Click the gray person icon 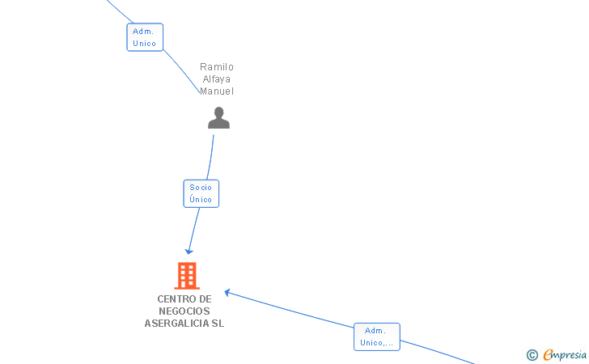pyautogui.click(x=218, y=118)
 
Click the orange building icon pyautogui.click(x=187, y=276)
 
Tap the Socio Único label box pyautogui.click(x=201, y=193)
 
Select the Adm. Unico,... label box pyautogui.click(x=377, y=336)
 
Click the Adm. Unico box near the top pyautogui.click(x=145, y=37)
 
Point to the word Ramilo pyautogui.click(x=217, y=67)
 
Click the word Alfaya pyautogui.click(x=216, y=79)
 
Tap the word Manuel pyautogui.click(x=217, y=91)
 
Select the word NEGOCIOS pyautogui.click(x=184, y=311)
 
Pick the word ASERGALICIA pyautogui.click(x=176, y=323)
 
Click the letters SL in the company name pyautogui.click(x=218, y=323)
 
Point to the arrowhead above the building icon pyautogui.click(x=189, y=252)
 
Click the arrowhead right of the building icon pyautogui.click(x=227, y=292)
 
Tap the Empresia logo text pyautogui.click(x=565, y=354)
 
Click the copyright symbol pyautogui.click(x=532, y=355)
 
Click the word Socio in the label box pyautogui.click(x=201, y=188)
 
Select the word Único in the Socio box pyautogui.click(x=201, y=199)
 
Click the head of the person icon pyautogui.click(x=218, y=112)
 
